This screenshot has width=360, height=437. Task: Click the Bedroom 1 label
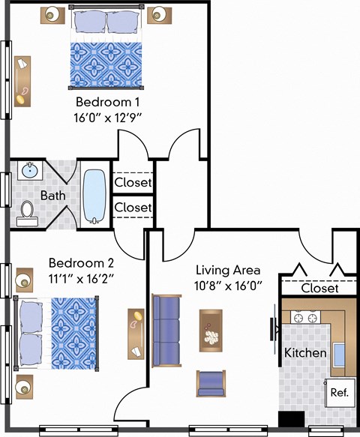click(107, 102)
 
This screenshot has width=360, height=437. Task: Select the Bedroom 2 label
click(81, 263)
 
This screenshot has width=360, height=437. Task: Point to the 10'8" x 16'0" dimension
click(229, 286)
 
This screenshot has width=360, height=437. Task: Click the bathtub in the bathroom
click(94, 196)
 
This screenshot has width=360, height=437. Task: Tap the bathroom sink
click(30, 170)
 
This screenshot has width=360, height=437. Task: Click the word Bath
click(53, 196)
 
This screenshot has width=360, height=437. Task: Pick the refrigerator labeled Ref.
click(340, 393)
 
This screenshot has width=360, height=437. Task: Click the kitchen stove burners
click(305, 317)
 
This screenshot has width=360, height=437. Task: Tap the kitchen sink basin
click(339, 355)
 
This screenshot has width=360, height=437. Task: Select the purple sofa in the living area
click(166, 331)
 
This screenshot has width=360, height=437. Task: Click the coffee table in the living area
click(211, 331)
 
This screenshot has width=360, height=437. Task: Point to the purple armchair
click(211, 384)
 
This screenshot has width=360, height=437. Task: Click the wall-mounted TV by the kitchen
click(274, 330)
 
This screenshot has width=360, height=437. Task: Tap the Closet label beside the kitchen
click(319, 288)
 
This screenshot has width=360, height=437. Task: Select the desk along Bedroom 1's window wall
click(22, 82)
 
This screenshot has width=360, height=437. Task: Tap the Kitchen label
click(305, 353)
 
